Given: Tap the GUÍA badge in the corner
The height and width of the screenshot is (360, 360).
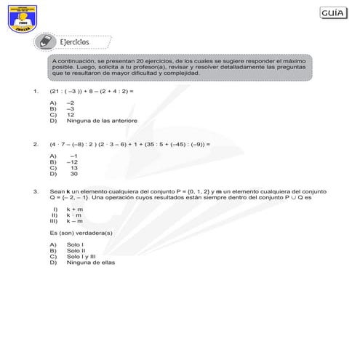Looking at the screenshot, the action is coord(335,15).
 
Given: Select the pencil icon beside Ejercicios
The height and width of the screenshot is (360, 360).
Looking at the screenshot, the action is coord(45,41).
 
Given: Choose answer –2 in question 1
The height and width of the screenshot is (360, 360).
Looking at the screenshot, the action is coord(70,104).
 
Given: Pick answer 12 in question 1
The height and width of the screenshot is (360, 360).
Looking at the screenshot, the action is coord(70,115).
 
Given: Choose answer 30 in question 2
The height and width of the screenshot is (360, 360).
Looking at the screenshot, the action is coord(73,174).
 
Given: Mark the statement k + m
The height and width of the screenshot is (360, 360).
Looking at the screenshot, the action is coord(74,209).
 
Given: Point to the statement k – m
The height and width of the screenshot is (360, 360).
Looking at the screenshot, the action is coord(74,220).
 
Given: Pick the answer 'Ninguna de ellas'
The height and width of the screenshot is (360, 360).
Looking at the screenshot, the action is coord(90,262).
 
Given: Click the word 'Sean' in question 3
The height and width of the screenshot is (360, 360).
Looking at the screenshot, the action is coord(57,191).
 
